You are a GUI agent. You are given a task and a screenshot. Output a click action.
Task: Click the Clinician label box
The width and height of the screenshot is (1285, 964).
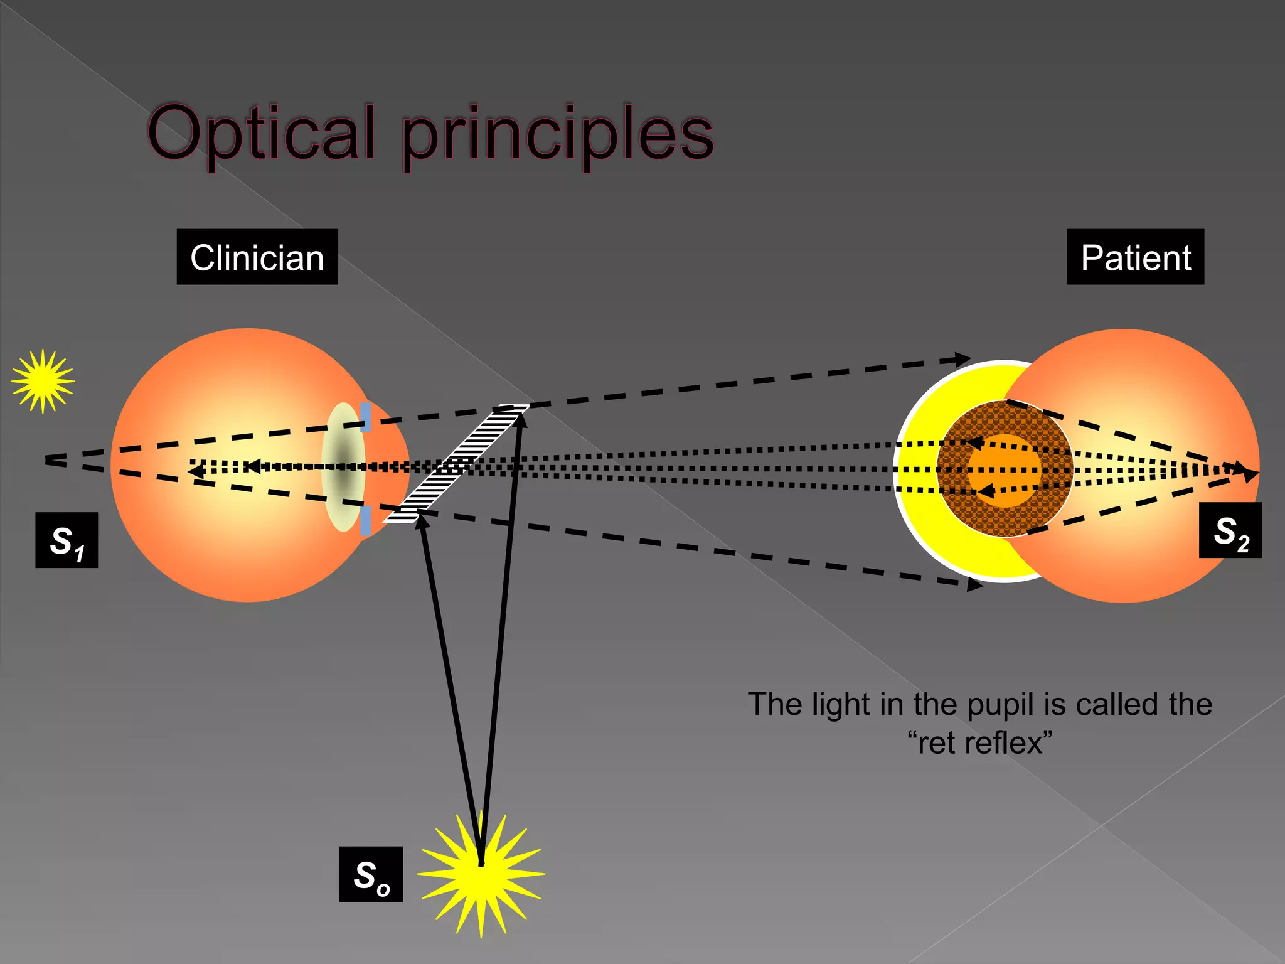[257, 257]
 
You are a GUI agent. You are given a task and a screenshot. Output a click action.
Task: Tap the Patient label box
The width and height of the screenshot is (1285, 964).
[1135, 257]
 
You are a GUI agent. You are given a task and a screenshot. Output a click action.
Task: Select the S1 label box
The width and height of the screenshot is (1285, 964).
[67, 540]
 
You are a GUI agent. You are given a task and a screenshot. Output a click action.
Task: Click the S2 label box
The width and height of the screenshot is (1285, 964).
[1230, 530]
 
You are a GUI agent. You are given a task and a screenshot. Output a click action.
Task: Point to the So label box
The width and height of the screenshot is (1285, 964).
[371, 874]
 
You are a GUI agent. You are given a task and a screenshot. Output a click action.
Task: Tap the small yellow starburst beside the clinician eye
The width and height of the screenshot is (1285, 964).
[43, 381]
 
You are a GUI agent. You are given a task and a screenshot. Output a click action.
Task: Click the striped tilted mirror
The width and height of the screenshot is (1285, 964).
[456, 464]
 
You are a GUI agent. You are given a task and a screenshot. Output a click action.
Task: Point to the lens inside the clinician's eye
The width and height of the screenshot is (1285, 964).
[343, 468]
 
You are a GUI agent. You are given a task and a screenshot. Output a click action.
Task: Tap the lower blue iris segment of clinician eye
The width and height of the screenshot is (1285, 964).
[365, 520]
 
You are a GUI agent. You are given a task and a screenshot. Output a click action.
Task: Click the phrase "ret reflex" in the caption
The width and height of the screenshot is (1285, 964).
[980, 743]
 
